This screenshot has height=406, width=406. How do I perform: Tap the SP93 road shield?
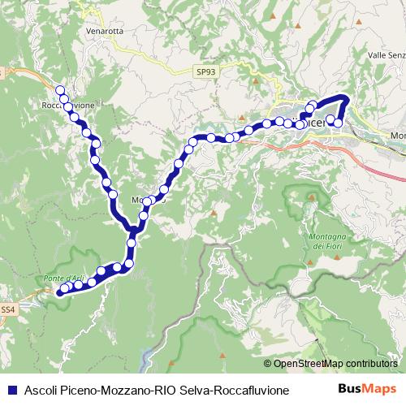tap(206, 72)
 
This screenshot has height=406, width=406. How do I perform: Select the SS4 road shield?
tap(7, 309)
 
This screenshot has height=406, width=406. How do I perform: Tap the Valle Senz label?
tap(386, 54)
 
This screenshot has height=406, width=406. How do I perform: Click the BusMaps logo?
tap(366, 389)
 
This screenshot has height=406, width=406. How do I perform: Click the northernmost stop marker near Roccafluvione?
tap(59, 90)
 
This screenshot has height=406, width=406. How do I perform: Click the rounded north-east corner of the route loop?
tap(346, 98)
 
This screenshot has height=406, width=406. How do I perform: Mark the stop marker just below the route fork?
tap(131, 241)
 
